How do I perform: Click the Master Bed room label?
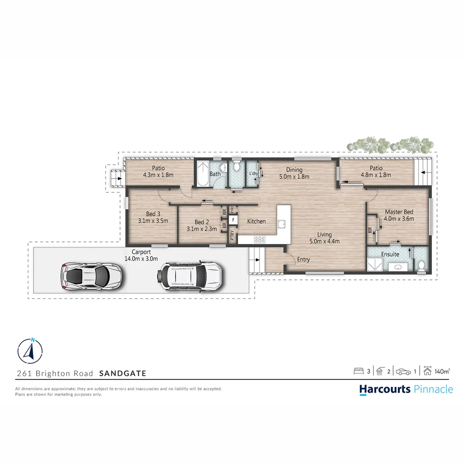(x=399, y=212)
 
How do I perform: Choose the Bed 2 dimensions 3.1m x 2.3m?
(x=202, y=229)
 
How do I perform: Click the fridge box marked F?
(x=233, y=220)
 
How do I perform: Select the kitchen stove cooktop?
(x=260, y=239)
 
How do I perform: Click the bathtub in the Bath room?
(x=202, y=174)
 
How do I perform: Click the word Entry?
(x=303, y=259)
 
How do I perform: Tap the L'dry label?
(x=253, y=174)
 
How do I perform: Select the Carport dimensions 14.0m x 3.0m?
(x=142, y=259)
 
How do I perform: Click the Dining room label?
(x=294, y=170)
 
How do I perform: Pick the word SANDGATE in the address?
(x=123, y=373)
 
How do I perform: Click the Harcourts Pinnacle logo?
(x=406, y=389)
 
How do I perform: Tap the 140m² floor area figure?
(x=442, y=371)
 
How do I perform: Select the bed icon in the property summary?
(x=358, y=371)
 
